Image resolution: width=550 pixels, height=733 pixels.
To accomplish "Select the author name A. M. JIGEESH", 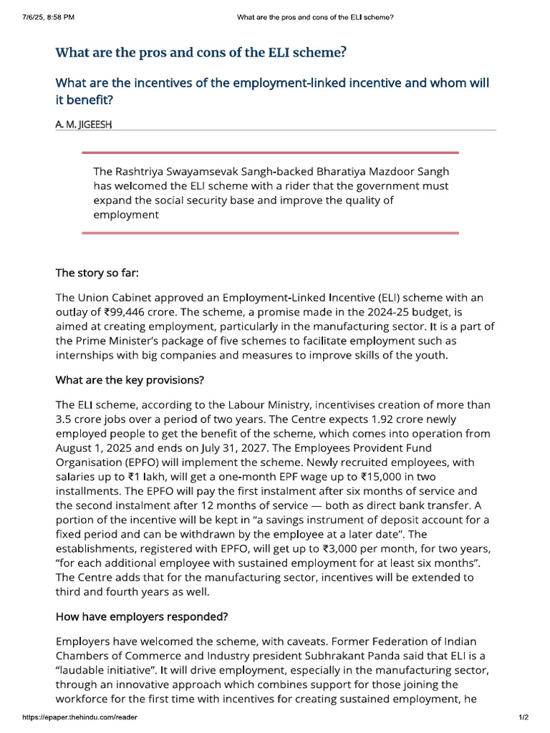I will point(84,124).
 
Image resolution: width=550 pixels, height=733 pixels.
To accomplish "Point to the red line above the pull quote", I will point(270,152).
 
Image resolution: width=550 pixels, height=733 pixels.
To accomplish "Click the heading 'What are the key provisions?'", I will point(130,379).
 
